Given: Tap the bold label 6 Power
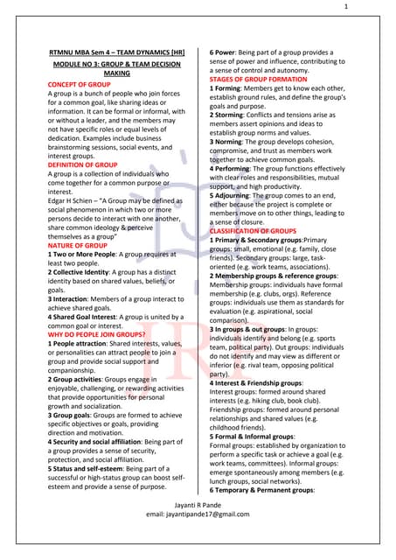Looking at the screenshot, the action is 226,53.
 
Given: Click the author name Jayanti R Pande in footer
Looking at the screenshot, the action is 198,530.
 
